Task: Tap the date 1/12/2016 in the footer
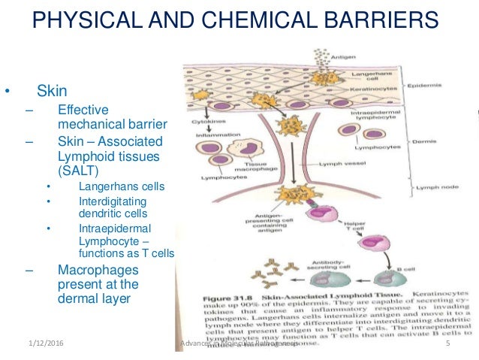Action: click(x=38, y=345)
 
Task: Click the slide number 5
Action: click(x=447, y=345)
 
